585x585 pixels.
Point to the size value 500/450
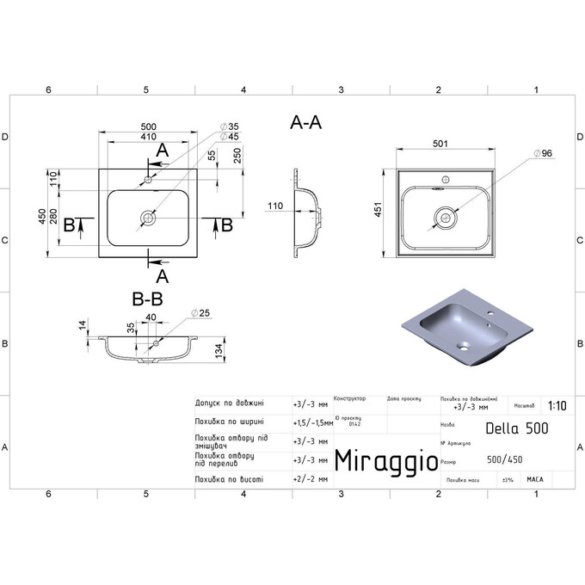point(505,459)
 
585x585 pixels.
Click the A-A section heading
point(306,123)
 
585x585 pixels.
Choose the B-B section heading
point(148,299)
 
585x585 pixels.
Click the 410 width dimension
point(149,136)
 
